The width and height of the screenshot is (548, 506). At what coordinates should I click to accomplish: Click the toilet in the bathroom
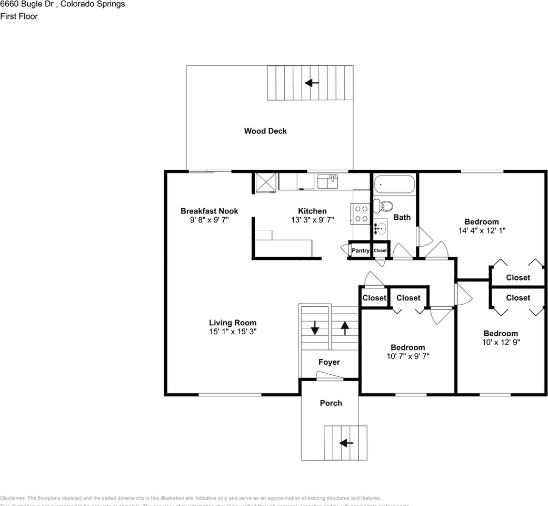(x=386, y=207)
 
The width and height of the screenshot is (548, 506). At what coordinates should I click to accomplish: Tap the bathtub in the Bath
(x=394, y=185)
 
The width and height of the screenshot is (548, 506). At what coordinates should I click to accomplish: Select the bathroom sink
(x=380, y=229)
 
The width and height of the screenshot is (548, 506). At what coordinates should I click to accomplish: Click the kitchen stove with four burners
(x=361, y=213)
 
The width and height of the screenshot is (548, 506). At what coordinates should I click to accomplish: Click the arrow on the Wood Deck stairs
(x=312, y=83)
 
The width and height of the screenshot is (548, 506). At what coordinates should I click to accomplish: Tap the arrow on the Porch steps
(x=346, y=443)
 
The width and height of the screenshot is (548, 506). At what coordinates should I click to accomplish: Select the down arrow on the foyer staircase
(x=315, y=328)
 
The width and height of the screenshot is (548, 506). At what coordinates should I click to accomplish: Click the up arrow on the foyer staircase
(x=345, y=328)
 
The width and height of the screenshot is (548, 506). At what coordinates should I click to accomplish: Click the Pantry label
(x=361, y=250)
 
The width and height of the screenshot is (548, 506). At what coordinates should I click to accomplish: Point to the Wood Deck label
(x=265, y=131)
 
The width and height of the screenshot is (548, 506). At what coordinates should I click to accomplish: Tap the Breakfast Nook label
(x=209, y=211)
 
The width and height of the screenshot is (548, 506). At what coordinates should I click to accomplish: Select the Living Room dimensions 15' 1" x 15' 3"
(x=232, y=332)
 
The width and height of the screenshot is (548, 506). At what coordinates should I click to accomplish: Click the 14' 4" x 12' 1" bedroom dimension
(x=481, y=230)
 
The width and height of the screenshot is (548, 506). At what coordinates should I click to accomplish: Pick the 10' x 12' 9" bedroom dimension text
(x=501, y=342)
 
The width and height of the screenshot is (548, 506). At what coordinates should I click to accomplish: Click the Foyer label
(x=329, y=362)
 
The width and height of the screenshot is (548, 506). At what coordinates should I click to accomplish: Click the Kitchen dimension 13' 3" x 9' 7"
(x=312, y=220)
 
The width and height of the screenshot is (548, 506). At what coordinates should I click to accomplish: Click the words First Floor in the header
(x=19, y=16)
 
